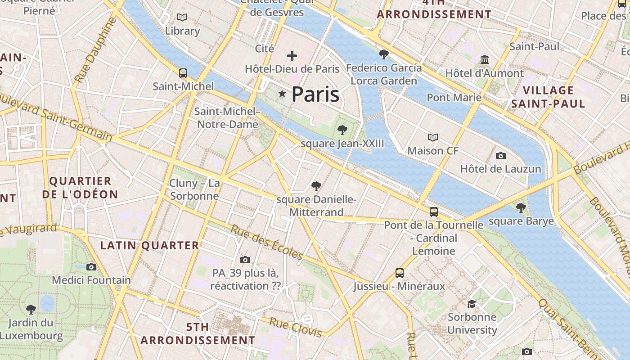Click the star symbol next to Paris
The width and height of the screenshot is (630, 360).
click(282, 94)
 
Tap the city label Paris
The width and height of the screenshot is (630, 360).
click(315, 94)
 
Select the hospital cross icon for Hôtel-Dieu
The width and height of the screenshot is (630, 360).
click(292, 56)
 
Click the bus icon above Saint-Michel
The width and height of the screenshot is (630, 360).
click(183, 73)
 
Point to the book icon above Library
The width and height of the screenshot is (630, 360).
click(182, 18)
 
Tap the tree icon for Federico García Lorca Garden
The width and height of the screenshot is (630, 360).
click(384, 54)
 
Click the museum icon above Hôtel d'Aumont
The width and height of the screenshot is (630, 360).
click(485, 59)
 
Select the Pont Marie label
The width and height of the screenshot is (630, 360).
click(454, 98)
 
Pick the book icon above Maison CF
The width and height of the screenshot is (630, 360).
click(432, 137)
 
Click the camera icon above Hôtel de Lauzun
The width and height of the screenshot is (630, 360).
click(500, 156)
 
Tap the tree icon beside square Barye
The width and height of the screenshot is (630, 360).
click(521, 207)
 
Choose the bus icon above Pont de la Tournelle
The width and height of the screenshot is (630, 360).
click(433, 211)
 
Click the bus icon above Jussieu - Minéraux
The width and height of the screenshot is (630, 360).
click(399, 273)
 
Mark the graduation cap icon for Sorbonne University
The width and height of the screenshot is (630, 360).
click(472, 304)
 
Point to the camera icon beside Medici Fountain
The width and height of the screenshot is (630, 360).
click(91, 267)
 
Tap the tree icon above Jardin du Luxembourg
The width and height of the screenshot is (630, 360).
click(31, 309)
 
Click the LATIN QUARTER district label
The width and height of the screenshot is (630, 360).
click(149, 246)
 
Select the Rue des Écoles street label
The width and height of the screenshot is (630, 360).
click(267, 242)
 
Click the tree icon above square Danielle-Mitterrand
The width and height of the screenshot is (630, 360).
click(316, 186)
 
